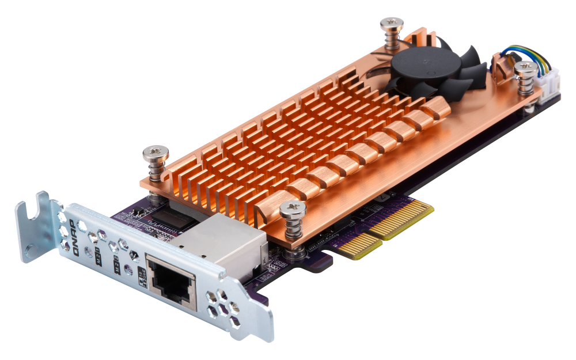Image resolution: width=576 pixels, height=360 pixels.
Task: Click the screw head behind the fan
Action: point(391,25)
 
